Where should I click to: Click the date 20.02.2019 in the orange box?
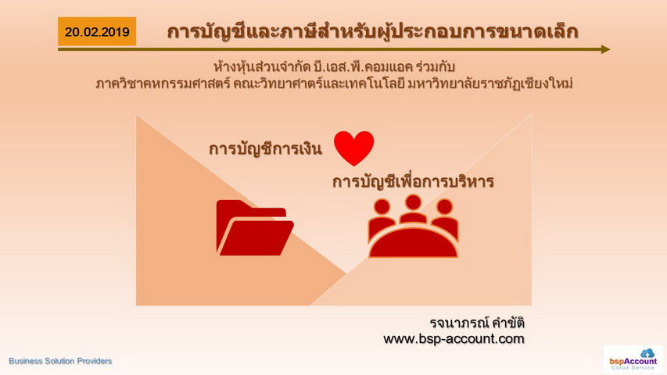[97, 32]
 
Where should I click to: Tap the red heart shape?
[354, 148]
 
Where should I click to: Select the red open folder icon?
[255, 227]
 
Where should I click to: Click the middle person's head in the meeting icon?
[413, 202]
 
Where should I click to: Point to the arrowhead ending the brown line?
[606, 49]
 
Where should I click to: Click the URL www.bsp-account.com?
[454, 339]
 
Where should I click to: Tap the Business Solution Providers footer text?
[60, 361]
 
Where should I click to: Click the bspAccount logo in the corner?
[633, 359]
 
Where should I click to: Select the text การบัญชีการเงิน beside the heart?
[265, 148]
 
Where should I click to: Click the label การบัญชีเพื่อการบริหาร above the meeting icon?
[413, 181]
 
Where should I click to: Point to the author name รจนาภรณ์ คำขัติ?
[477, 323]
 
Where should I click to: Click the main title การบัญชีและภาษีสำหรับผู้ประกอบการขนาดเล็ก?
[372, 32]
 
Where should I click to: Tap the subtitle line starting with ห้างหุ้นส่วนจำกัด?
[335, 66]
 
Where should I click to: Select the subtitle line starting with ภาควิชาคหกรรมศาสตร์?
[335, 84]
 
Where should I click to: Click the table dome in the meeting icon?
[413, 243]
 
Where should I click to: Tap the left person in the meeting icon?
[382, 218]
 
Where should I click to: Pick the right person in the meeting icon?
[444, 218]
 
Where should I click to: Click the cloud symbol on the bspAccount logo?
[647, 353]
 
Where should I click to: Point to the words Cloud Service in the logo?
[633, 367]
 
